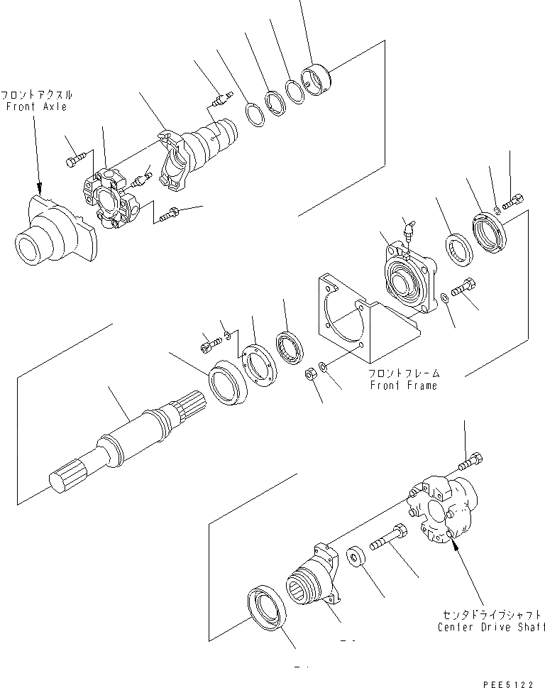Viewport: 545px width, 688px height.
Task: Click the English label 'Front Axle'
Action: pos(36,107)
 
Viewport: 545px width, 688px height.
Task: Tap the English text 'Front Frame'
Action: pos(403,386)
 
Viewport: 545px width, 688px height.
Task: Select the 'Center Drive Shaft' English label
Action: pos(491,627)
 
